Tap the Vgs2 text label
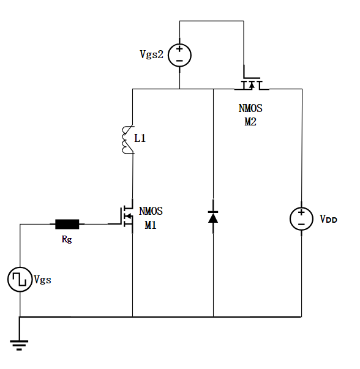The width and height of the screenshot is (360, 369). pos(151,54)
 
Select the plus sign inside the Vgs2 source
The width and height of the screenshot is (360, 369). pos(179,49)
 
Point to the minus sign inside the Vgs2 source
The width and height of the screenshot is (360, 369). pos(179,61)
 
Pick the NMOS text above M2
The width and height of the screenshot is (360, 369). pos(250,108)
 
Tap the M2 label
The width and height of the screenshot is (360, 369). pos(250,122)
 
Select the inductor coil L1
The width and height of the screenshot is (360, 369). pos(128,140)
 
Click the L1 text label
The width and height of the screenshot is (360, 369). pos(140,138)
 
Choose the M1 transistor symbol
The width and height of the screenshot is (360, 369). pos(127,216)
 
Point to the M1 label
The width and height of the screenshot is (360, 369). pos(151,225)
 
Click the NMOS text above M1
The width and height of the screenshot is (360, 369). pos(151,211)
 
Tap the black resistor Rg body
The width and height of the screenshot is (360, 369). pos(67,224)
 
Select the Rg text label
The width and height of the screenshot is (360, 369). pos(67,239)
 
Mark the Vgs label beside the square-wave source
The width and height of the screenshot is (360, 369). pos(43,280)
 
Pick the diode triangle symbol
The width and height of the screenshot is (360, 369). pos(213,217)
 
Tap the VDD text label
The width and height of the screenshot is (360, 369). pos(328,219)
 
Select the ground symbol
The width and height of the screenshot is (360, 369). pos(19,345)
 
